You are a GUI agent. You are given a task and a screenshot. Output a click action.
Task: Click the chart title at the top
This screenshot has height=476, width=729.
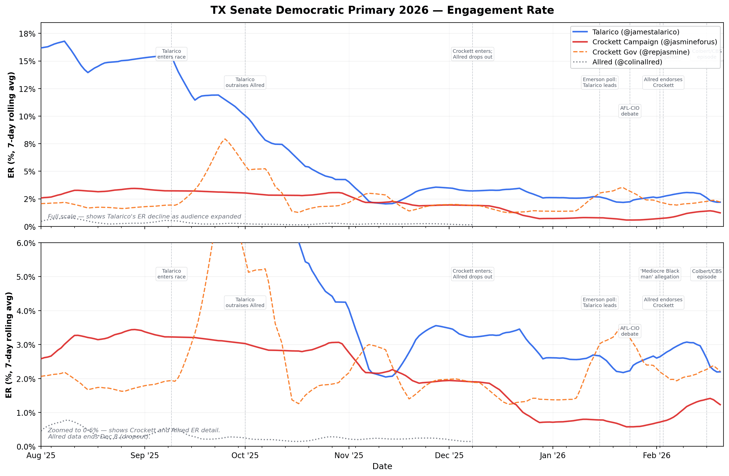[x=382, y=10]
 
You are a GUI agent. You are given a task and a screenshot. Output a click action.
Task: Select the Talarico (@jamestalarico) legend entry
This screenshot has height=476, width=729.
[x=636, y=32]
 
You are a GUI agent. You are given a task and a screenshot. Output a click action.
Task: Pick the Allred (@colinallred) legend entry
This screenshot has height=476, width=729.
[x=627, y=62]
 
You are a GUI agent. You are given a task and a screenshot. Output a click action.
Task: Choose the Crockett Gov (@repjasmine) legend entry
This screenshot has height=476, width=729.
[x=640, y=52]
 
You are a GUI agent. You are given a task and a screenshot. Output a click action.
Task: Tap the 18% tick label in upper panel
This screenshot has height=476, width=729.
[x=27, y=34]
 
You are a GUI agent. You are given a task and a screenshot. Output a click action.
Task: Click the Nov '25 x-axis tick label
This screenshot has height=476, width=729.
[x=349, y=455]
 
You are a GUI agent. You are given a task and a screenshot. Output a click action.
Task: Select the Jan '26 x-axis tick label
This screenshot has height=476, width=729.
[x=552, y=455]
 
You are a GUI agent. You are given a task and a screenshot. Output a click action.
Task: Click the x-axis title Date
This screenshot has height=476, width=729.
[x=382, y=466]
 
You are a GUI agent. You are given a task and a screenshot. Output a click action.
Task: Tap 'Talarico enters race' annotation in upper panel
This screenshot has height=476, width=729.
[x=171, y=54]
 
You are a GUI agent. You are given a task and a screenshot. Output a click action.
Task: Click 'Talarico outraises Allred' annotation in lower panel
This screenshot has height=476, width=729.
[x=245, y=302]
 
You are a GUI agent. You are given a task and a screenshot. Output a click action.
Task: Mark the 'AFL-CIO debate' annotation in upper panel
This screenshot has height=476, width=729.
[x=629, y=111]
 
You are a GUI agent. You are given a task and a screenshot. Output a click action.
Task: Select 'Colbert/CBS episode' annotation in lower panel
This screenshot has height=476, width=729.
[x=706, y=274]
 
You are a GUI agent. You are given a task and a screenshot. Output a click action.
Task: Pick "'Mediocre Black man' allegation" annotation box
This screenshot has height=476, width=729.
[x=660, y=274]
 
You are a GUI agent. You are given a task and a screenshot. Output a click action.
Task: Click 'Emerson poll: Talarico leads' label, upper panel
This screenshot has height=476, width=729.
[x=599, y=82]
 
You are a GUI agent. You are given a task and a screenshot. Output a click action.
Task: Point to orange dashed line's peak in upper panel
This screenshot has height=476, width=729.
[x=225, y=139]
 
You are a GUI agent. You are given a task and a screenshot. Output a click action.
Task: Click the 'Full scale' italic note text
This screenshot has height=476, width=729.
[x=144, y=217]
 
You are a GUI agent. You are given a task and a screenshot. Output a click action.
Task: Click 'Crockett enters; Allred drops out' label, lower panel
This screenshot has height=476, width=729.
[x=472, y=274]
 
